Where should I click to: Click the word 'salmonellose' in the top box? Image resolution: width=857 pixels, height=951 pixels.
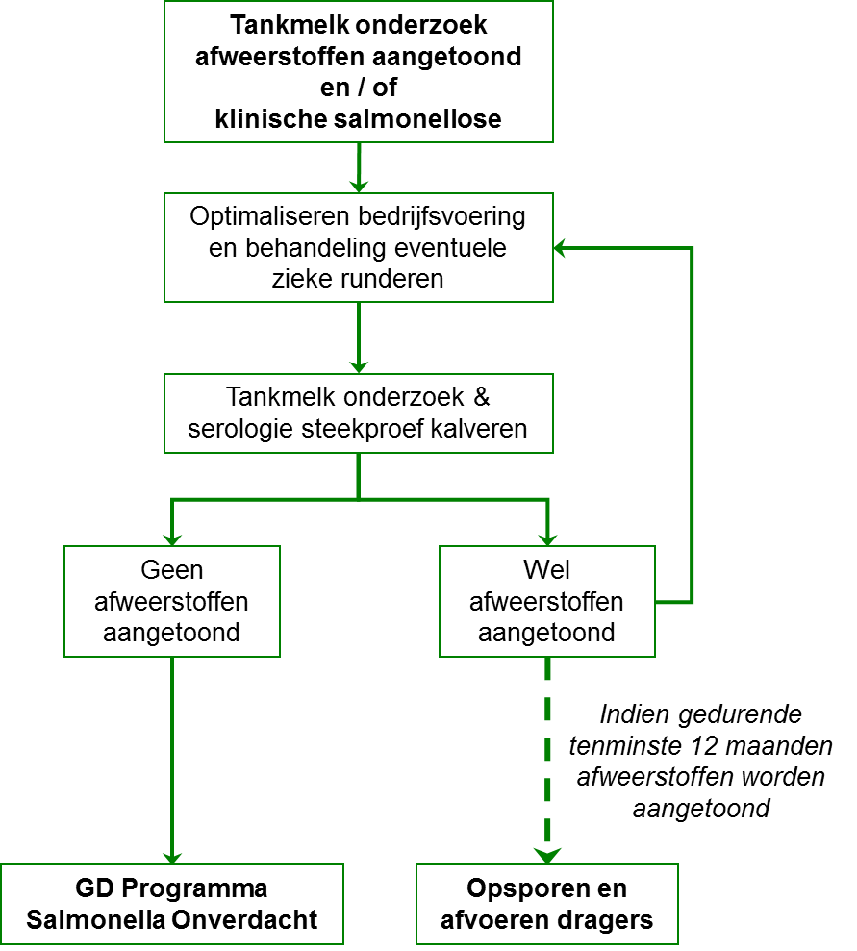417,119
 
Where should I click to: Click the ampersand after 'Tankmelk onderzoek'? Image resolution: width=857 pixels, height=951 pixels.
482,397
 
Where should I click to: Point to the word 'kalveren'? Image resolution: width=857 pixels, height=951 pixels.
479,429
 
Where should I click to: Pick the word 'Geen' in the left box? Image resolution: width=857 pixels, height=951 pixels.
171,570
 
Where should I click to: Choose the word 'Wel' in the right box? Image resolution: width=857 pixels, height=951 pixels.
547,570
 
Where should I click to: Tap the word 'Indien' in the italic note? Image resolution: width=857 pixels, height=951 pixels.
636,714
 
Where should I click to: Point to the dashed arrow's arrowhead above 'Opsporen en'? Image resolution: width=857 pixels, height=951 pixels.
547,855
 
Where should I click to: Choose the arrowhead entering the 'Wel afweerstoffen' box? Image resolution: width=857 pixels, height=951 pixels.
547,538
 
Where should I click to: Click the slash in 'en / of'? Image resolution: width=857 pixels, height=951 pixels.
360,88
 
